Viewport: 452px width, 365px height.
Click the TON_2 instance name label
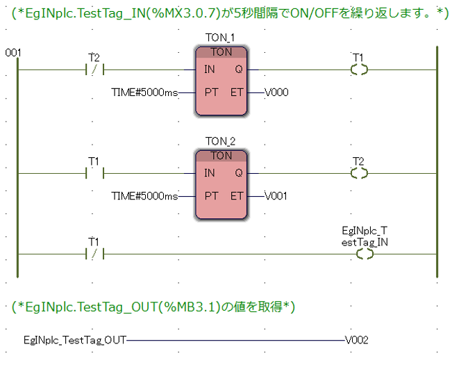coord(221,141)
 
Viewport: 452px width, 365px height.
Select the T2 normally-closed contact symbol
coord(93,70)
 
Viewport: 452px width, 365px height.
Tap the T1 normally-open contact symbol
coord(93,173)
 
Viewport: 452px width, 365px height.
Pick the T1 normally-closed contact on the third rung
coord(93,254)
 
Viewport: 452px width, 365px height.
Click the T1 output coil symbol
coord(360,70)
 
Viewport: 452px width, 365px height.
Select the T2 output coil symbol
coord(360,173)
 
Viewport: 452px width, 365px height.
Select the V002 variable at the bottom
coord(356,341)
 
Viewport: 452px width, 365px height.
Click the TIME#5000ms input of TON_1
coord(144,92)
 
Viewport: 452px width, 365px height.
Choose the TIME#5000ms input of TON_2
coord(144,195)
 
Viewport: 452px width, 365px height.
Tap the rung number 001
coord(12,53)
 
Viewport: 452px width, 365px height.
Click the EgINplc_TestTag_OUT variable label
coord(74,341)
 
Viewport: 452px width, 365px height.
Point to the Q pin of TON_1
coord(238,70)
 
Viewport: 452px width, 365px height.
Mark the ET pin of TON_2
coord(237,195)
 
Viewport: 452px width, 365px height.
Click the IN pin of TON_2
coord(210,173)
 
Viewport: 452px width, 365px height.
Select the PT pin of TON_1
coord(211,92)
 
